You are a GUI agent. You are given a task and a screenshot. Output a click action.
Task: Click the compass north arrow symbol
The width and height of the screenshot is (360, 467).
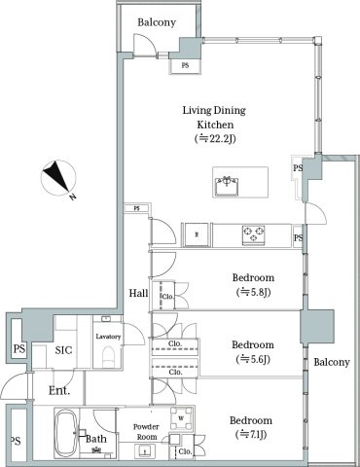point(58,179)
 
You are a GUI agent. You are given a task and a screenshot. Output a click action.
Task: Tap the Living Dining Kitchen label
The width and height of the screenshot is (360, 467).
point(214,117)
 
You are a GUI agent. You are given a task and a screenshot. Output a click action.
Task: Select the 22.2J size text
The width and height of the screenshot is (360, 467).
point(215,139)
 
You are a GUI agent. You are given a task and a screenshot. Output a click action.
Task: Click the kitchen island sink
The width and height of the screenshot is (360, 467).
point(227,187)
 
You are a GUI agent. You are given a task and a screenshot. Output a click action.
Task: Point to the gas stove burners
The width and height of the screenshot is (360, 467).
point(254,234)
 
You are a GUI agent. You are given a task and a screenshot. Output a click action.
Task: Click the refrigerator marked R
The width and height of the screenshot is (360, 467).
point(197,234)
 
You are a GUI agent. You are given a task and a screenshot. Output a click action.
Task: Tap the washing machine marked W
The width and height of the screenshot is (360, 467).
point(181,418)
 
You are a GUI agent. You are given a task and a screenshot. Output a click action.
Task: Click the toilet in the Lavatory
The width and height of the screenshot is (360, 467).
point(108,357)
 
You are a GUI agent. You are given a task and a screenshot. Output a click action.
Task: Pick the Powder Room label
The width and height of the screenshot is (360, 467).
point(147,432)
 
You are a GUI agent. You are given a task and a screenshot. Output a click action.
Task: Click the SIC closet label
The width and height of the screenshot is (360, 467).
point(63,350)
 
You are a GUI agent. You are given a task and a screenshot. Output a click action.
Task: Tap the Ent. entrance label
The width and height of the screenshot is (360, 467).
point(59,390)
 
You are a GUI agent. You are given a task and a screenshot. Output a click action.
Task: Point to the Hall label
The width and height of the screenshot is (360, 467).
point(138,293)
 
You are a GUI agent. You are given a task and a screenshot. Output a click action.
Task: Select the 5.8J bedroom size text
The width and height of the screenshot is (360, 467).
point(253,292)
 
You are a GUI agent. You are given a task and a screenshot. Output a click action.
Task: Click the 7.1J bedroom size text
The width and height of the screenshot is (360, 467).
point(251,434)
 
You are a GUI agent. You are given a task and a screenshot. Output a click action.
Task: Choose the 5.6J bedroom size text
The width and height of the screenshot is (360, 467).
point(253,359)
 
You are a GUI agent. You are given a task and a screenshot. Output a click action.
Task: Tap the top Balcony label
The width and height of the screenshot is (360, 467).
point(157,22)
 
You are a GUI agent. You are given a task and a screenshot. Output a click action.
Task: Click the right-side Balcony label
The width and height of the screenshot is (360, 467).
point(332,362)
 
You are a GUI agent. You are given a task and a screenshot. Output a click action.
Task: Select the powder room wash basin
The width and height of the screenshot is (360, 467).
point(145,451)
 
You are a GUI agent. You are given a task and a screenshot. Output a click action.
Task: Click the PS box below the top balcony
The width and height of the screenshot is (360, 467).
point(185,66)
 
